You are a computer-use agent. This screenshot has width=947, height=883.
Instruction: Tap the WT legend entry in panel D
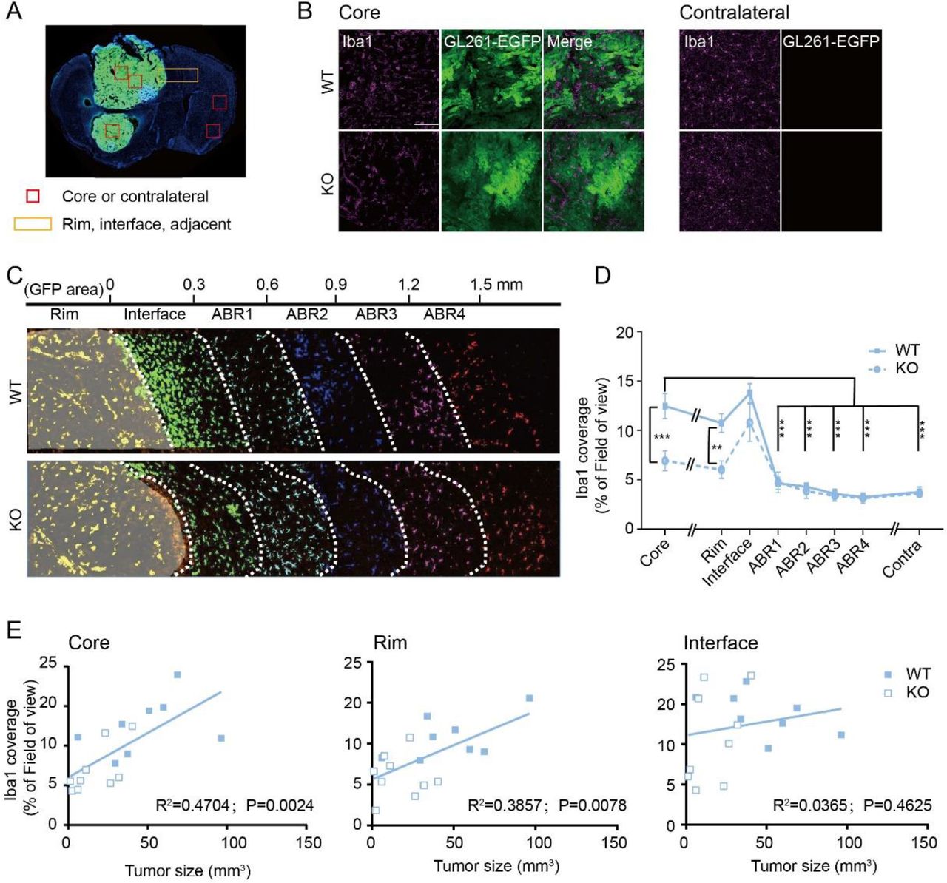906,350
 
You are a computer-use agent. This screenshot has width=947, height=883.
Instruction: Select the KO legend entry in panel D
906,368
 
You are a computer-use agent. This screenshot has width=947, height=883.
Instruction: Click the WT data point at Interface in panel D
749,393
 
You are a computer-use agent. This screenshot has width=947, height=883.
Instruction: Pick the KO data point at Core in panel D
664,461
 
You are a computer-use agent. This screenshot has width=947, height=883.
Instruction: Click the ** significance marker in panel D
717,448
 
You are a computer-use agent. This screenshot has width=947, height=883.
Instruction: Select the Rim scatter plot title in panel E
390,643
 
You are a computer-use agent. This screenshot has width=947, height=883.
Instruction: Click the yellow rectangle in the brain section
178,75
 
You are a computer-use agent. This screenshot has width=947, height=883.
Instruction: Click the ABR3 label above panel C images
376,314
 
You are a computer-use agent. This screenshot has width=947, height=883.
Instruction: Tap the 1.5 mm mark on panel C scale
496,285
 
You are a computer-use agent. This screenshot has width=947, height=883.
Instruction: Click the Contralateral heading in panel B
734,13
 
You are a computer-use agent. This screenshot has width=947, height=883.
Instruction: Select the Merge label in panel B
570,41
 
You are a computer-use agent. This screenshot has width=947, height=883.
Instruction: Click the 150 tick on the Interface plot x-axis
924,843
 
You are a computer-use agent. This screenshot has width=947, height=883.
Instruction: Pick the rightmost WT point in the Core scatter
220,738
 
